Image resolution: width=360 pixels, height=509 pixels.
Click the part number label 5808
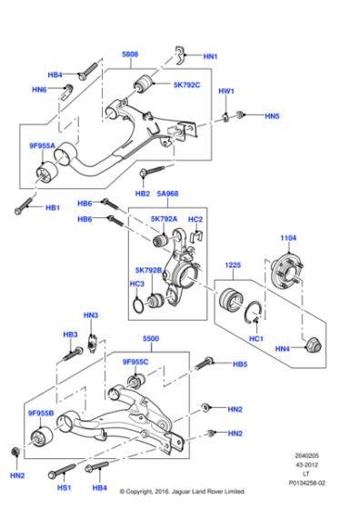pos(130,55)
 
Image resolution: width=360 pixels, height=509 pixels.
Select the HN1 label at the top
pos(211,56)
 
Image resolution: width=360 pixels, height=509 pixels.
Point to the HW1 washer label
pos(226,92)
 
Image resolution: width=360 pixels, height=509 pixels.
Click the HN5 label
pos(272,116)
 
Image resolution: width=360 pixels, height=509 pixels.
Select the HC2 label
pos(195,219)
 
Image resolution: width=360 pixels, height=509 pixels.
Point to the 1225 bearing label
pos(233,266)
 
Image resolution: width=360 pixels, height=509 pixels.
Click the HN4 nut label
pos(283,348)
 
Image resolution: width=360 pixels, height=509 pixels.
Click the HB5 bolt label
pos(239,364)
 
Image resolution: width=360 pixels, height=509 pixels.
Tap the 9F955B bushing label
pos(41,414)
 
